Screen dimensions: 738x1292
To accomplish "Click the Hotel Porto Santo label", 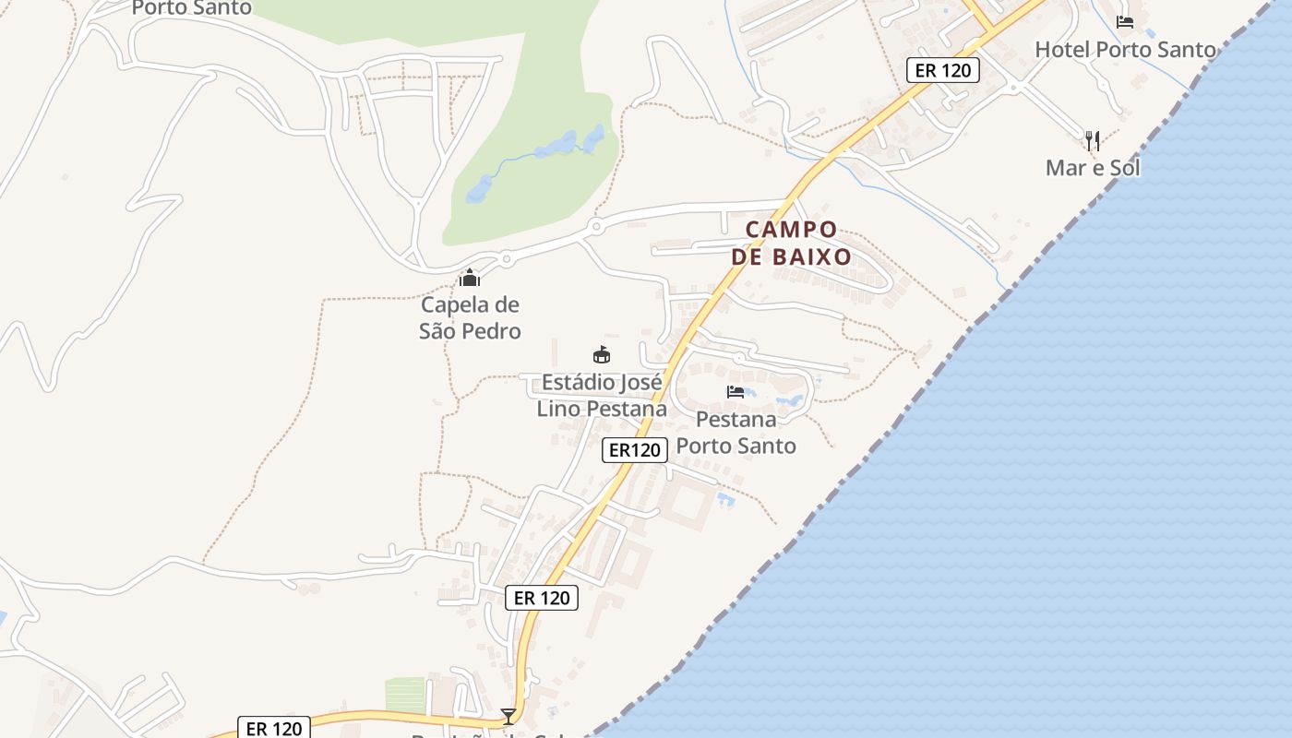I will tap(1125, 50).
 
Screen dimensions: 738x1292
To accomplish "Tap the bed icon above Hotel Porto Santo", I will tap(1124, 21).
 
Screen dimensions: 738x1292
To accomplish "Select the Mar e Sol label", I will tap(1093, 168).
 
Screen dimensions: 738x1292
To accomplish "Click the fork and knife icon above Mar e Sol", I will tap(1093, 140).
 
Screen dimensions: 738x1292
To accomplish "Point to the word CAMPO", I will tap(791, 229).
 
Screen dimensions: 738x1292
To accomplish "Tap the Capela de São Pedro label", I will tap(470, 317).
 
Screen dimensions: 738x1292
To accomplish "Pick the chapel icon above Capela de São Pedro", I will tap(470, 277).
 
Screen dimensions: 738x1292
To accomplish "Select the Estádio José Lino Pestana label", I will tap(602, 395).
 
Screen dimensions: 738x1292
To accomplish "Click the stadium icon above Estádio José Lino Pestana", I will tap(602, 354).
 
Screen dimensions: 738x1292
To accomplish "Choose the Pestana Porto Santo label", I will tap(736, 432).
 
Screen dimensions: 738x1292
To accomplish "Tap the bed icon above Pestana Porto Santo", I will tap(736, 392).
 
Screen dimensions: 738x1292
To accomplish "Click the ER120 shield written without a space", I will tap(635, 450).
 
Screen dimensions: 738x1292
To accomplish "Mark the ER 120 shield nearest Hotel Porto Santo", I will tap(942, 70).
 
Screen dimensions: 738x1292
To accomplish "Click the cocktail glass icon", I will tap(508, 716).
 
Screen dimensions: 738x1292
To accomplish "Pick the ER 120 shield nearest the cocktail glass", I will tap(542, 598).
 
